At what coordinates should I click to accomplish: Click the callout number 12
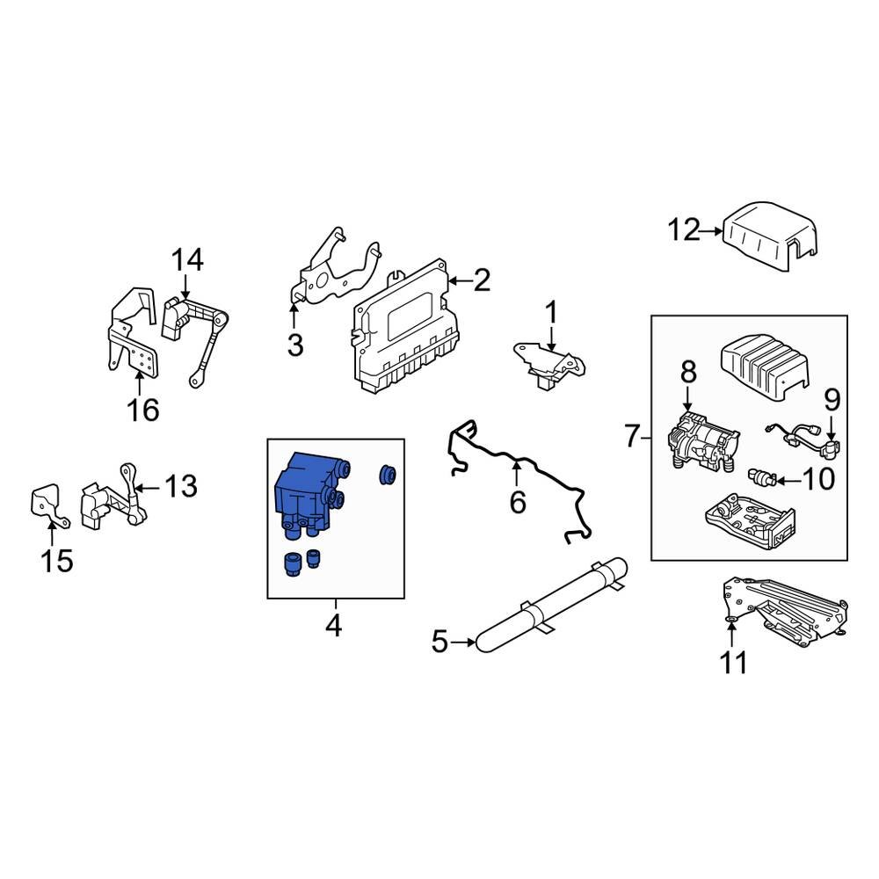tap(682, 232)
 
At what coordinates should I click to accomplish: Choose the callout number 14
tap(186, 259)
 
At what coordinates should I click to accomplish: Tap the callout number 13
tap(181, 486)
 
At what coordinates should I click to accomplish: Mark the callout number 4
tap(333, 627)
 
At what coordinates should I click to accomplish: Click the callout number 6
tap(517, 503)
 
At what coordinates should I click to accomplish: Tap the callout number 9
tap(832, 402)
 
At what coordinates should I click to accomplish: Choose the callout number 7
tap(630, 435)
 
